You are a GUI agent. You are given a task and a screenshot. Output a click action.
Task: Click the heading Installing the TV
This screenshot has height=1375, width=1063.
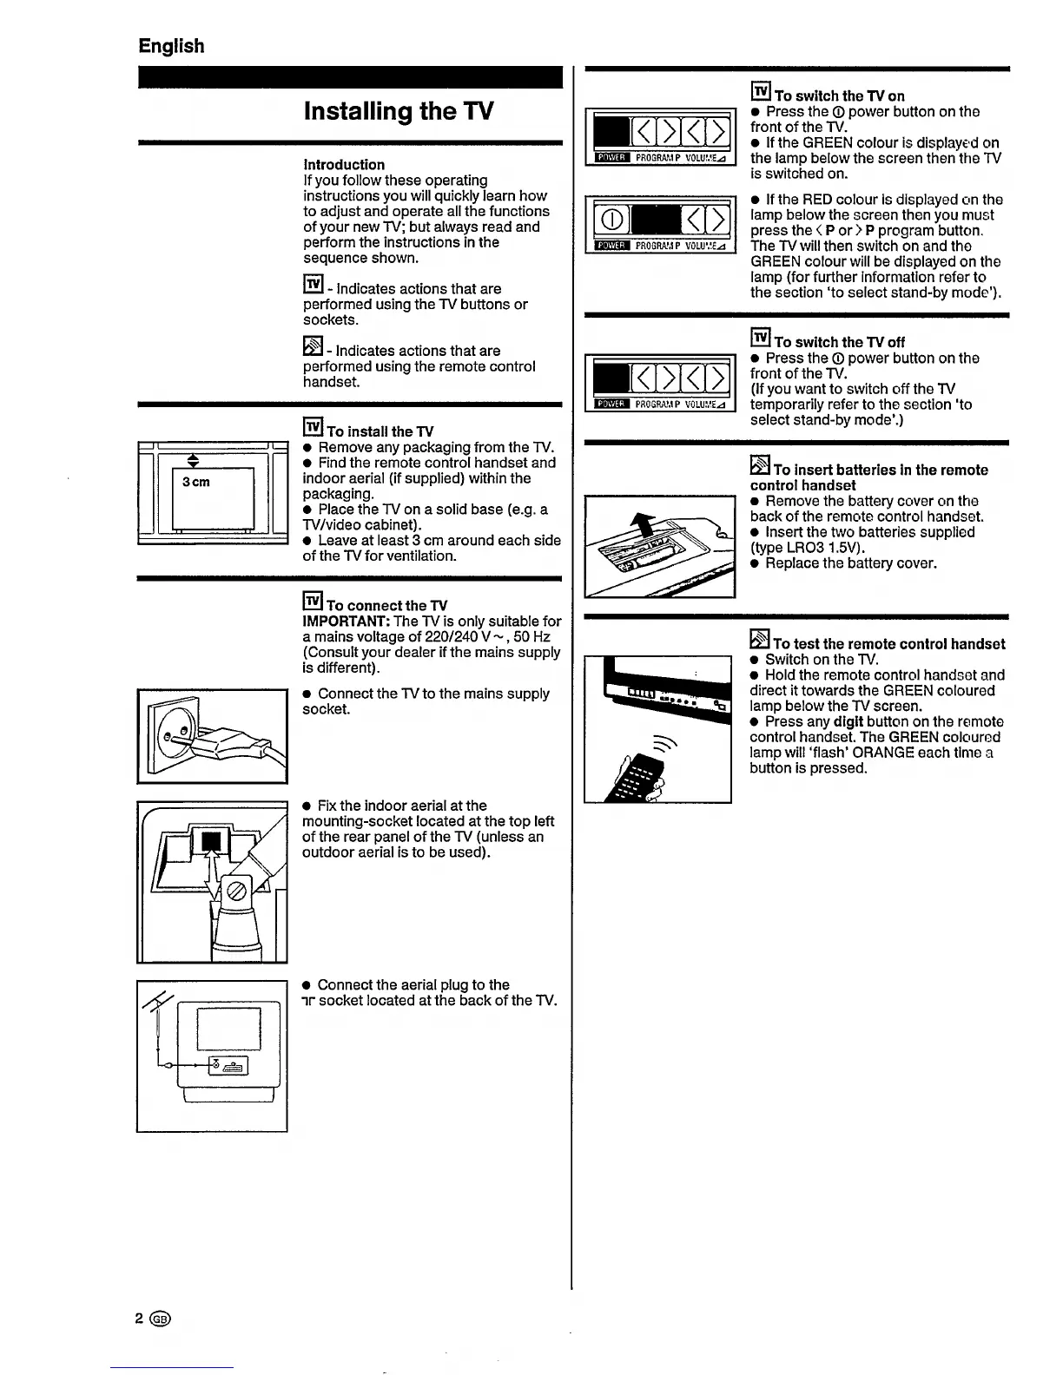click(399, 112)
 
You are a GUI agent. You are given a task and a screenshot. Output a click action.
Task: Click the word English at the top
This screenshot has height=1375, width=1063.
click(171, 46)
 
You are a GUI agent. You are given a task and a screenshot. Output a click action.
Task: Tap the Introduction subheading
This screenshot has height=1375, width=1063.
click(344, 165)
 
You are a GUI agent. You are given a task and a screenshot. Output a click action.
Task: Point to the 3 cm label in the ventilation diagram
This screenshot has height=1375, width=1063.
click(195, 482)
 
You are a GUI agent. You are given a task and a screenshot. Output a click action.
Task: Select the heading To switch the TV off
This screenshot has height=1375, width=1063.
click(839, 342)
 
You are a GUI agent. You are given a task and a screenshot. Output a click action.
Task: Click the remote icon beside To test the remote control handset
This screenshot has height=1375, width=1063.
click(760, 641)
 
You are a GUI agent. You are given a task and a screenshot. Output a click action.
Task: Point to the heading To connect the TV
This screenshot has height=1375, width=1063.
click(386, 605)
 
